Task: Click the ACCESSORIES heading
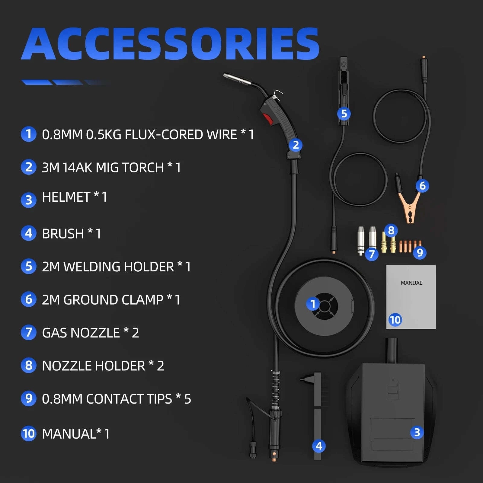pos(170,44)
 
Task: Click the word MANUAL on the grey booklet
pos(411,283)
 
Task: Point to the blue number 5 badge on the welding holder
pos(344,114)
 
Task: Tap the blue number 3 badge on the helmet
pos(417,432)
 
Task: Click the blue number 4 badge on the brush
pos(319,446)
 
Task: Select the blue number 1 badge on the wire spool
pos(313,304)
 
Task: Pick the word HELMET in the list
pos(66,197)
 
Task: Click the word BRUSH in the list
pos(63,234)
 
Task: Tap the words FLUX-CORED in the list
pos(181,135)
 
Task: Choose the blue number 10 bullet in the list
pos(29,433)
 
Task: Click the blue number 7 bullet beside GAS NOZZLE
pos(29,332)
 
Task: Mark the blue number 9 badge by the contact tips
pos(420,252)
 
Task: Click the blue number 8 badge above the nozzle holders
pos(391,230)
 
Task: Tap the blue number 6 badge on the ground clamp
pos(422,186)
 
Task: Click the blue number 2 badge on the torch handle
pos(296,145)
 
